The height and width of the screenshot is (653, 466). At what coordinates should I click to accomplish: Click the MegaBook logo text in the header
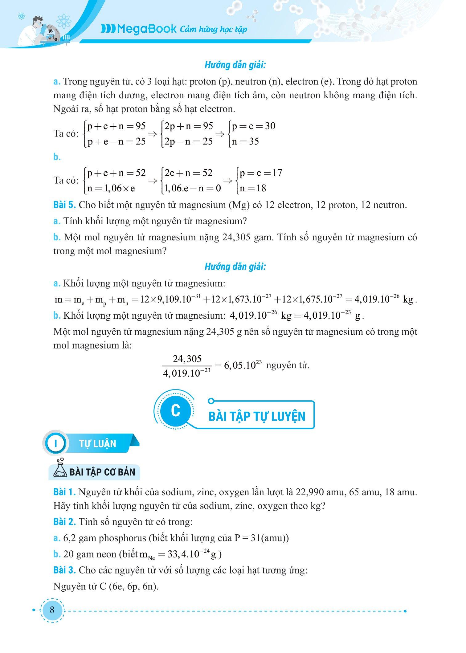click(139, 29)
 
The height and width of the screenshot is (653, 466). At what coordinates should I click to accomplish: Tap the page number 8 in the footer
click(52, 610)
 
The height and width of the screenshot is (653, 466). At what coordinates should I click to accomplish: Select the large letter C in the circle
click(175, 411)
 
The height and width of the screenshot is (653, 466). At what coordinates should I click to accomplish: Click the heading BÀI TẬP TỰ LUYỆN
click(257, 416)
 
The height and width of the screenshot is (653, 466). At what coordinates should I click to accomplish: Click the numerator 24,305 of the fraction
click(187, 358)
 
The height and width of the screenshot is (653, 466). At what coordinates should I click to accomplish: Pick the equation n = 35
click(245, 141)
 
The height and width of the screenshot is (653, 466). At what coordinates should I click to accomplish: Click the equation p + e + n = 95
click(116, 126)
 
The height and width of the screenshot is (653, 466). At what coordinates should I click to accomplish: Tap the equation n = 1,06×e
click(111, 188)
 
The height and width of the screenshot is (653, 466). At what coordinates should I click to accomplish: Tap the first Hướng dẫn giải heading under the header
click(235, 65)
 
